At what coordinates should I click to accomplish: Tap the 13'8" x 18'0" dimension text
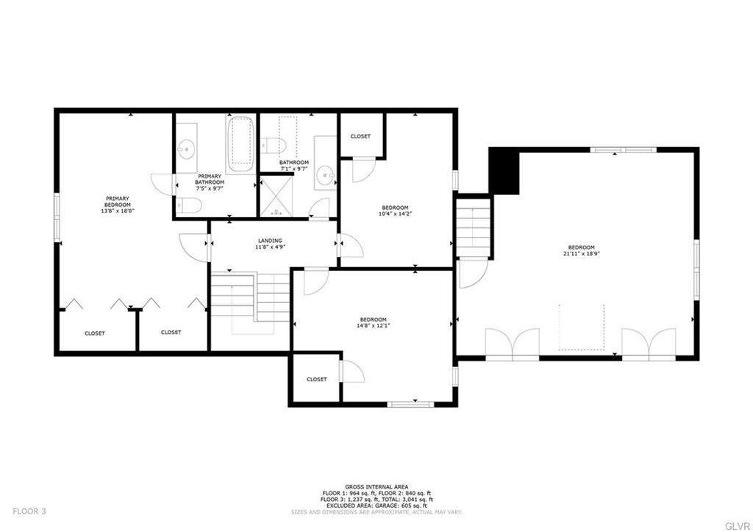pos(118,211)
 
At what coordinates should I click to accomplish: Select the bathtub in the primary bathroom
pos(240,143)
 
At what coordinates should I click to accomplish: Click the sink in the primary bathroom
pos(187,149)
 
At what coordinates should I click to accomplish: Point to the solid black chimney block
pos(504,170)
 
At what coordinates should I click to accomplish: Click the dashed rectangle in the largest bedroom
pos(581,327)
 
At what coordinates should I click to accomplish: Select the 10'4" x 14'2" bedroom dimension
pos(394,214)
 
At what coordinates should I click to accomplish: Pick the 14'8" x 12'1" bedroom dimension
pos(373,326)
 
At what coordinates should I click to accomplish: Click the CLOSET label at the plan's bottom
pos(316,379)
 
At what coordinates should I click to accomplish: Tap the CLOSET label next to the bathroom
pos(360,136)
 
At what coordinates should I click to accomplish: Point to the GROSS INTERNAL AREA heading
pos(376,486)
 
